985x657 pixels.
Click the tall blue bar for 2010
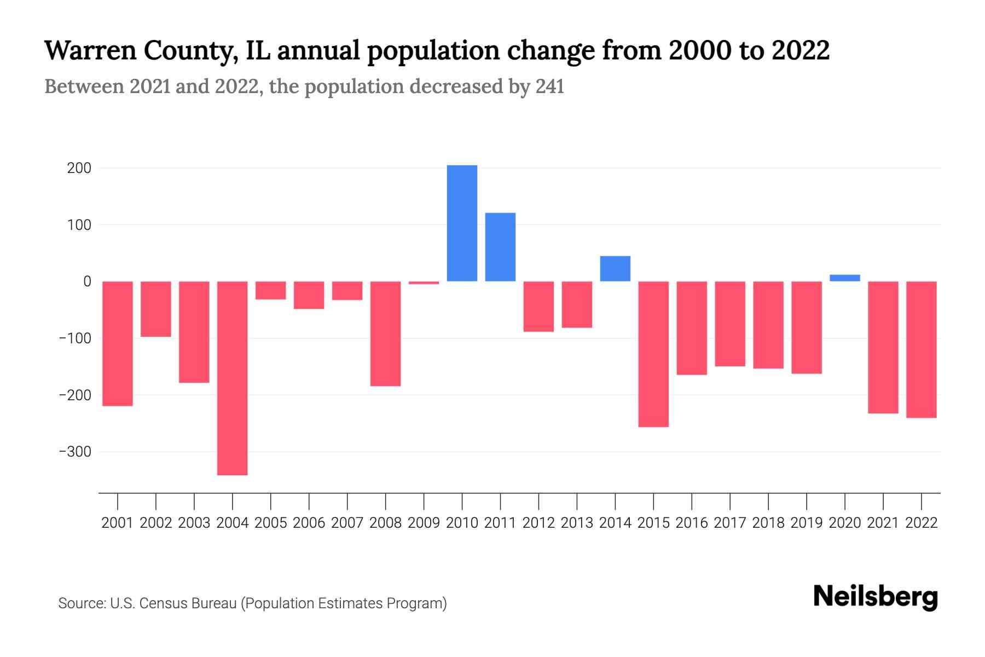(x=462, y=223)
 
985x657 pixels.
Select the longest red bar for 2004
(x=233, y=378)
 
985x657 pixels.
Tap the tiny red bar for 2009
(x=424, y=283)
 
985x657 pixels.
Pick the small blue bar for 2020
(x=845, y=278)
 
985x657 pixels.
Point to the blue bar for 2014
(x=615, y=269)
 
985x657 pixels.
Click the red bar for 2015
(x=653, y=354)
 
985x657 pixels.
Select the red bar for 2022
(x=922, y=349)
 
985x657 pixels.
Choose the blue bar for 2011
(x=500, y=247)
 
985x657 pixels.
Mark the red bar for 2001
(x=118, y=343)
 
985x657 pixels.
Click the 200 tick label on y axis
(x=79, y=168)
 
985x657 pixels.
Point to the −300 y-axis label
(x=76, y=452)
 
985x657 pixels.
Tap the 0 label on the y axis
(x=87, y=281)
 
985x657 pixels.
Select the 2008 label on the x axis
(x=385, y=523)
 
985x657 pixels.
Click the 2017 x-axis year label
(x=730, y=523)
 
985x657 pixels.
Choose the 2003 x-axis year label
(x=194, y=523)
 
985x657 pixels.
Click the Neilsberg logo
(x=876, y=597)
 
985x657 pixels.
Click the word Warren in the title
(x=90, y=50)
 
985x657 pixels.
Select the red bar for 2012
(x=538, y=306)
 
